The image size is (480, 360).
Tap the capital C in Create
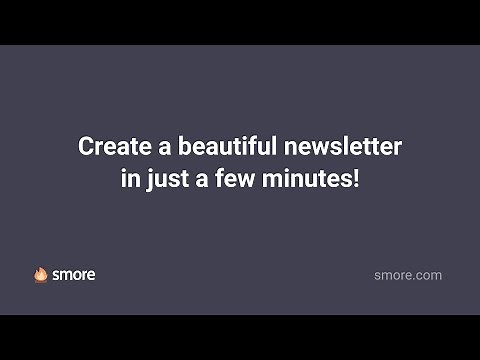point(86,146)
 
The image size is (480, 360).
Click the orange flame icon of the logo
point(41,274)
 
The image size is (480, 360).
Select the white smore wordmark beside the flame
point(74,274)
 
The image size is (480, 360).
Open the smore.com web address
point(408,275)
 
